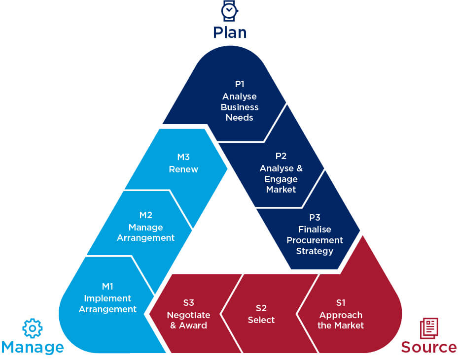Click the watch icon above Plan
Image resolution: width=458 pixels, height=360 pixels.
229,10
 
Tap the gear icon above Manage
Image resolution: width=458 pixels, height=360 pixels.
33,328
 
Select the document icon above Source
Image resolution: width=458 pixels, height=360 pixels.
428,328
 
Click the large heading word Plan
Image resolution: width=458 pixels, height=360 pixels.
230,33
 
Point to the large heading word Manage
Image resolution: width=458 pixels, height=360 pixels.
33,347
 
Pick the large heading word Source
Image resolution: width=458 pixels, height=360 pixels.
428,347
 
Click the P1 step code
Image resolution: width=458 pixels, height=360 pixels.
240,84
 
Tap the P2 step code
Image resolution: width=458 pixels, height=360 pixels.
281,156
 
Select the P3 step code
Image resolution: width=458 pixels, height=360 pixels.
315,217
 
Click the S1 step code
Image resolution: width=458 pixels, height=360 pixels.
341,303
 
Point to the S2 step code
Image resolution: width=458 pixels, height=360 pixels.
261,308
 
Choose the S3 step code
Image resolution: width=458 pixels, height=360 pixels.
188,303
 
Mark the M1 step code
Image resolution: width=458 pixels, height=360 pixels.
107,286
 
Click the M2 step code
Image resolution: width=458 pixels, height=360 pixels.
145,215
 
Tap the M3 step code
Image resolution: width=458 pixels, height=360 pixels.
183,157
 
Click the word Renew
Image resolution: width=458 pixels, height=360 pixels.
183,169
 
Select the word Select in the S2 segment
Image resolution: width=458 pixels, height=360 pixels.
261,320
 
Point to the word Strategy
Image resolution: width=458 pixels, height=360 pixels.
315,251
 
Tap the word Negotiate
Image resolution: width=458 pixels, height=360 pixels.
188,315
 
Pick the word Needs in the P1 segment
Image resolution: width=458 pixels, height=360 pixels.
240,118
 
